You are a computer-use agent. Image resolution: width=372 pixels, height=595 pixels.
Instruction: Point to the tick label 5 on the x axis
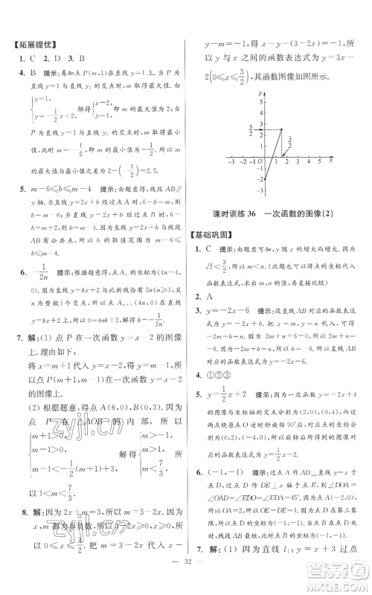[x=318, y=161]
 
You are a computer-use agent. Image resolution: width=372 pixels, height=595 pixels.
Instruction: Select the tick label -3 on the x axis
[x=231, y=161]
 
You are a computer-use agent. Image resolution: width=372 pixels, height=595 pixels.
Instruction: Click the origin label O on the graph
[x=260, y=161]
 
